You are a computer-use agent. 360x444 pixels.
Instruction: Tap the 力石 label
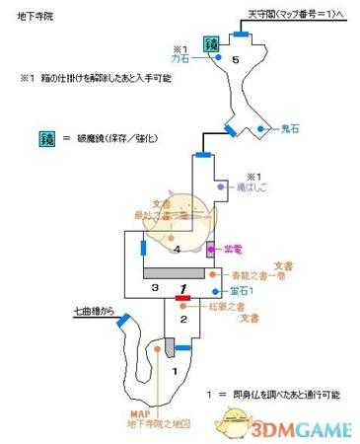(x=180, y=58)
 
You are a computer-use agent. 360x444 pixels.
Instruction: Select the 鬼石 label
(x=281, y=128)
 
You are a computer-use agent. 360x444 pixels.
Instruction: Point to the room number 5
(x=235, y=61)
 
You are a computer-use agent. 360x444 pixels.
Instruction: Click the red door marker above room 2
(x=181, y=295)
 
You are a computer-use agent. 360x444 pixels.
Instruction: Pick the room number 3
(x=155, y=286)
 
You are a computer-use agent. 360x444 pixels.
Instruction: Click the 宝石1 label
(x=243, y=291)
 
